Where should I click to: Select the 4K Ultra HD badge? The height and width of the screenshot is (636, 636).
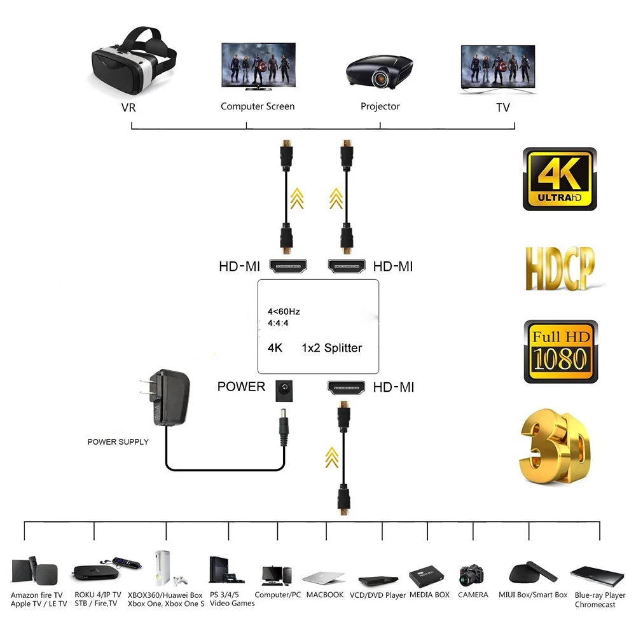[560, 179]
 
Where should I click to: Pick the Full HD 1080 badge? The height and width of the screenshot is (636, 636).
[560, 351]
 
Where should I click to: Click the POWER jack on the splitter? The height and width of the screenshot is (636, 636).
[283, 389]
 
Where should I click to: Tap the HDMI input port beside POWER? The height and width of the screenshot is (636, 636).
[347, 387]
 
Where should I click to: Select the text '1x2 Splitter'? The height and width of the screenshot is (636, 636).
[331, 348]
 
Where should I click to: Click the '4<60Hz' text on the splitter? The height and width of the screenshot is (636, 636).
[283, 312]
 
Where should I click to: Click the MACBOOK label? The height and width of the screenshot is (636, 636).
[324, 595]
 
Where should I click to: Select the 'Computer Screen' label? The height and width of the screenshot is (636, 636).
[258, 107]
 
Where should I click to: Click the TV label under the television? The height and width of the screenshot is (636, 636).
[503, 108]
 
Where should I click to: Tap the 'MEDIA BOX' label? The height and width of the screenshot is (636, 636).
[429, 595]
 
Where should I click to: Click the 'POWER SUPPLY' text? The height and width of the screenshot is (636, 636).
[118, 442]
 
